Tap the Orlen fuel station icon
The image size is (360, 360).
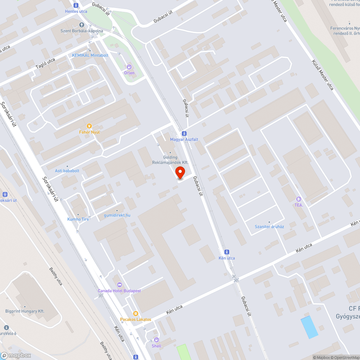[129, 67]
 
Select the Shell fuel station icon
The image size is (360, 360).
[156, 340]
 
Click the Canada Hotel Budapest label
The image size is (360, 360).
[120, 291]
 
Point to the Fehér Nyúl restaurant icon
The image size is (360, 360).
[90, 126]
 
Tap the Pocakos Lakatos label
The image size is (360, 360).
[135, 319]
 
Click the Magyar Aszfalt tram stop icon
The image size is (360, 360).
[184, 133]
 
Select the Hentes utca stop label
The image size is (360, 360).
[76, 11]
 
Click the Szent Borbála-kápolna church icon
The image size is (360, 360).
[81, 25]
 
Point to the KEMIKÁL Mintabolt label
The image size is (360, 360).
[90, 55]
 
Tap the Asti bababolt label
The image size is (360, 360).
[67, 171]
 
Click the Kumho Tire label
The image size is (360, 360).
[78, 219]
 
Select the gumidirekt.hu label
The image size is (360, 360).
[117, 215]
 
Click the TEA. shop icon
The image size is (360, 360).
[298, 199]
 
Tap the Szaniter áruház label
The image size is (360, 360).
[269, 226]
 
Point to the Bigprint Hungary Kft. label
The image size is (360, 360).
[25, 311]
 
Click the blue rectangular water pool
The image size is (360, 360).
[309, 327]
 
